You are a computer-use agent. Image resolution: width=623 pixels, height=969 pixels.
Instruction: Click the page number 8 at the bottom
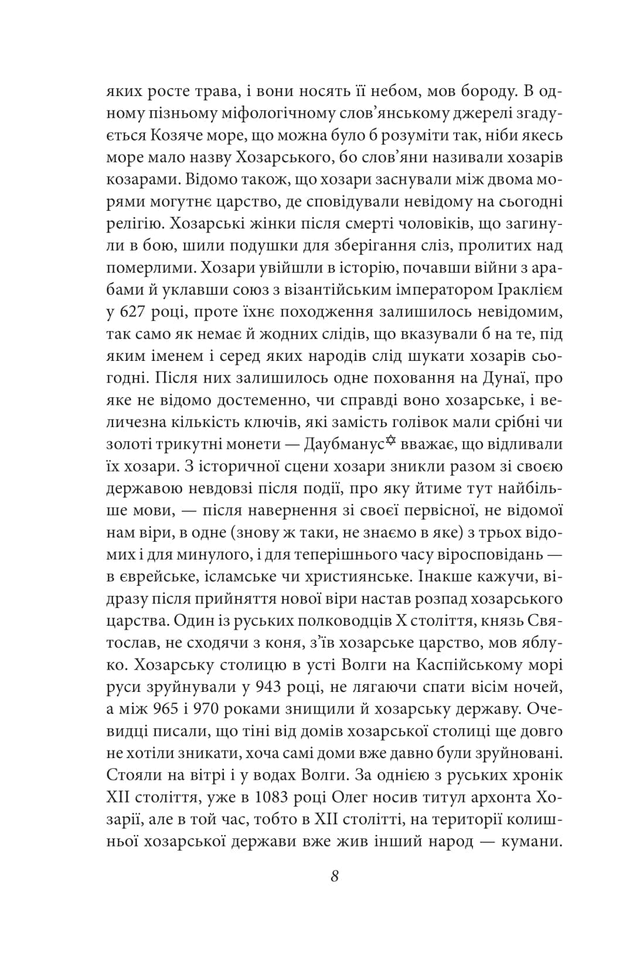click(335, 876)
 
